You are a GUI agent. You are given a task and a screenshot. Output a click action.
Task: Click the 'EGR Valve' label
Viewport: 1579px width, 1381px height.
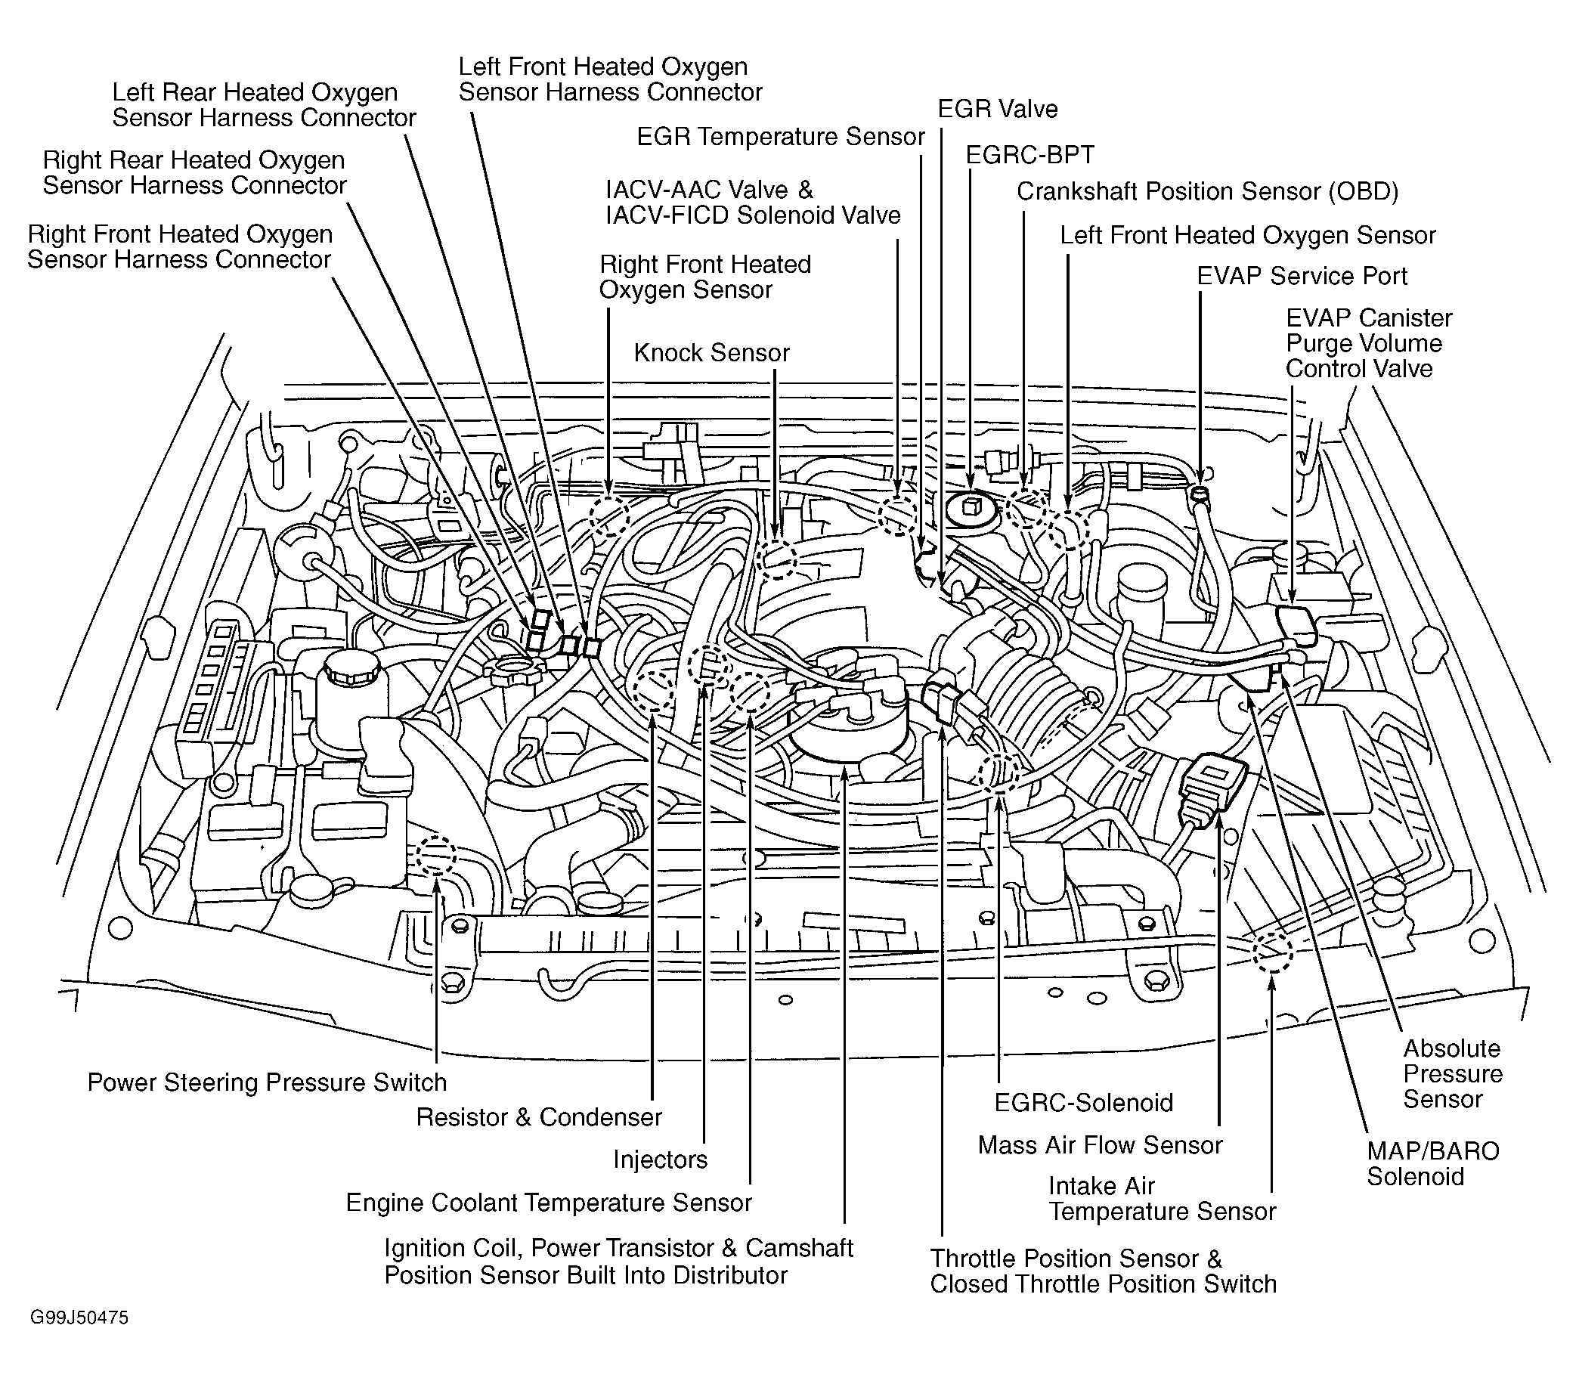point(997,109)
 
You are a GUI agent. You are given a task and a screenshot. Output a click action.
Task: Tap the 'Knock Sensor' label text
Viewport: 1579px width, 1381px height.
point(711,353)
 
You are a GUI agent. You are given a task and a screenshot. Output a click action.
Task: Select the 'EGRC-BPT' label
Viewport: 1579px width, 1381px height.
point(1029,155)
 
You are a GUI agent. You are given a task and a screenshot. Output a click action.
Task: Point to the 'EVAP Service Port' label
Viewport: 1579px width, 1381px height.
point(1302,276)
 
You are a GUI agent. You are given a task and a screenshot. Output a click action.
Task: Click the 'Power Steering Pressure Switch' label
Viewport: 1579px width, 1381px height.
point(267,1082)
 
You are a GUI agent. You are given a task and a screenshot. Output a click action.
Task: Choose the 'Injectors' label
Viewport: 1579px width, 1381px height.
point(660,1160)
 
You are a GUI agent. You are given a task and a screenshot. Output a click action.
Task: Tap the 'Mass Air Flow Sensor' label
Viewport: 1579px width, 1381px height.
point(1100,1145)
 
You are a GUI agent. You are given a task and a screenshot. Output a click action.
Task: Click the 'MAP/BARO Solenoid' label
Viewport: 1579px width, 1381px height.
point(1432,1163)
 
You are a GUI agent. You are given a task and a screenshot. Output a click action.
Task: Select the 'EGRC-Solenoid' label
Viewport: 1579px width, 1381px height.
point(1083,1103)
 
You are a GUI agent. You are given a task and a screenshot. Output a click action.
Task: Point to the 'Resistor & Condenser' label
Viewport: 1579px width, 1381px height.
point(539,1116)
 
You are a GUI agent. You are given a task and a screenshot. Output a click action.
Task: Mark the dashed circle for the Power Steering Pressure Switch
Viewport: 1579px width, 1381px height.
point(435,856)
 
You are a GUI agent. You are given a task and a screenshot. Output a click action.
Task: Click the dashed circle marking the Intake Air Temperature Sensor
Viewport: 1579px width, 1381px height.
point(1271,952)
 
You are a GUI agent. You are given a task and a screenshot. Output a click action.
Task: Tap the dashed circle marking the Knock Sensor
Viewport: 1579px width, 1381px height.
point(777,559)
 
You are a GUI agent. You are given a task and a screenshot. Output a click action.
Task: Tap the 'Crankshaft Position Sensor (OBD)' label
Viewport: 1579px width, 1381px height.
point(1208,191)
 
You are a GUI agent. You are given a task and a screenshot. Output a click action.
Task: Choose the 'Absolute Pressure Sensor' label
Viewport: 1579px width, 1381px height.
point(1453,1073)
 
